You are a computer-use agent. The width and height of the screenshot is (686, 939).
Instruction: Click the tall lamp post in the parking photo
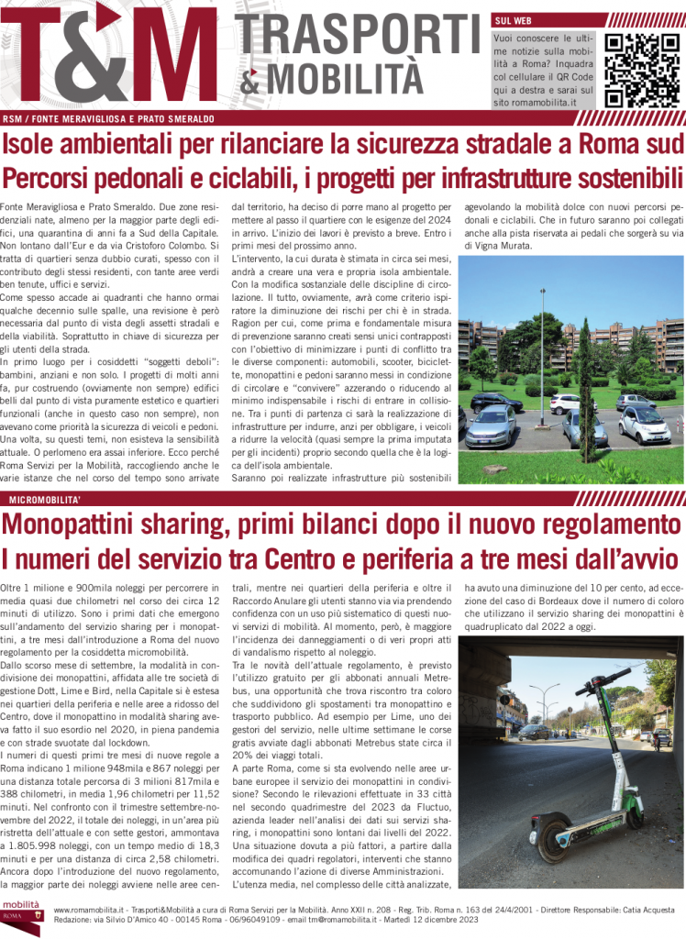tap(544, 358)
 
